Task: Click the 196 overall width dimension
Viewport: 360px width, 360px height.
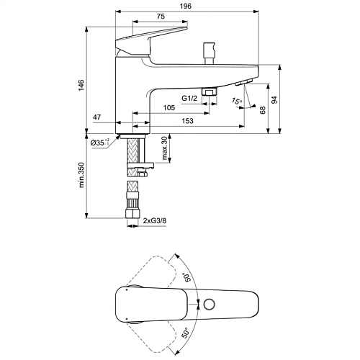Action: pos(186,6)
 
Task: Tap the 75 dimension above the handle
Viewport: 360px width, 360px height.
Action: pos(161,17)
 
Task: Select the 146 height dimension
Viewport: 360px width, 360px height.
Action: pos(81,85)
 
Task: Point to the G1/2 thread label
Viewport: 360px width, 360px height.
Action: pos(189,98)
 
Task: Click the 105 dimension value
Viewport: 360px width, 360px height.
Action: pos(169,108)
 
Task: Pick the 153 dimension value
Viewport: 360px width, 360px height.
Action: pos(187,121)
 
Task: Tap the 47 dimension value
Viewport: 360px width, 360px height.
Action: pos(97,117)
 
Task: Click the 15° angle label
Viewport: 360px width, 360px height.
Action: pos(237,101)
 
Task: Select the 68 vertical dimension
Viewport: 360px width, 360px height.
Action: pos(263,109)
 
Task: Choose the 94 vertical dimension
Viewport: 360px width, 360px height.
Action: pos(274,99)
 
